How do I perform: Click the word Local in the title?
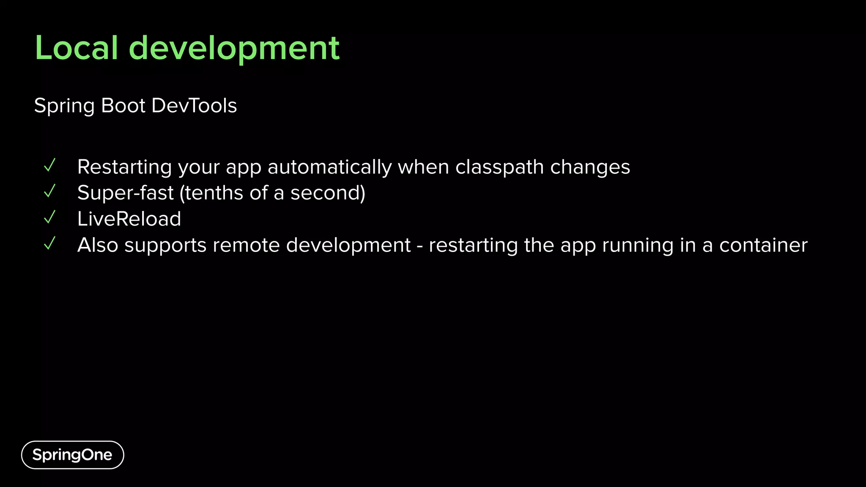(x=77, y=48)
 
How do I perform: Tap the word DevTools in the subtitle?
(x=194, y=106)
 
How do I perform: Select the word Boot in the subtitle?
(x=123, y=106)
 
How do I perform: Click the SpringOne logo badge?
(x=72, y=455)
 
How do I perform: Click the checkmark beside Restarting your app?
(x=50, y=165)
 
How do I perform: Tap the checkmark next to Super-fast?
(x=50, y=192)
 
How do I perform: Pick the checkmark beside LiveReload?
(x=50, y=217)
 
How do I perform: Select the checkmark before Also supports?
(x=50, y=243)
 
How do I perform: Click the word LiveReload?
(x=129, y=219)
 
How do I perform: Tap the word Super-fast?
(x=125, y=193)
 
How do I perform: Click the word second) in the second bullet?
(x=328, y=193)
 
